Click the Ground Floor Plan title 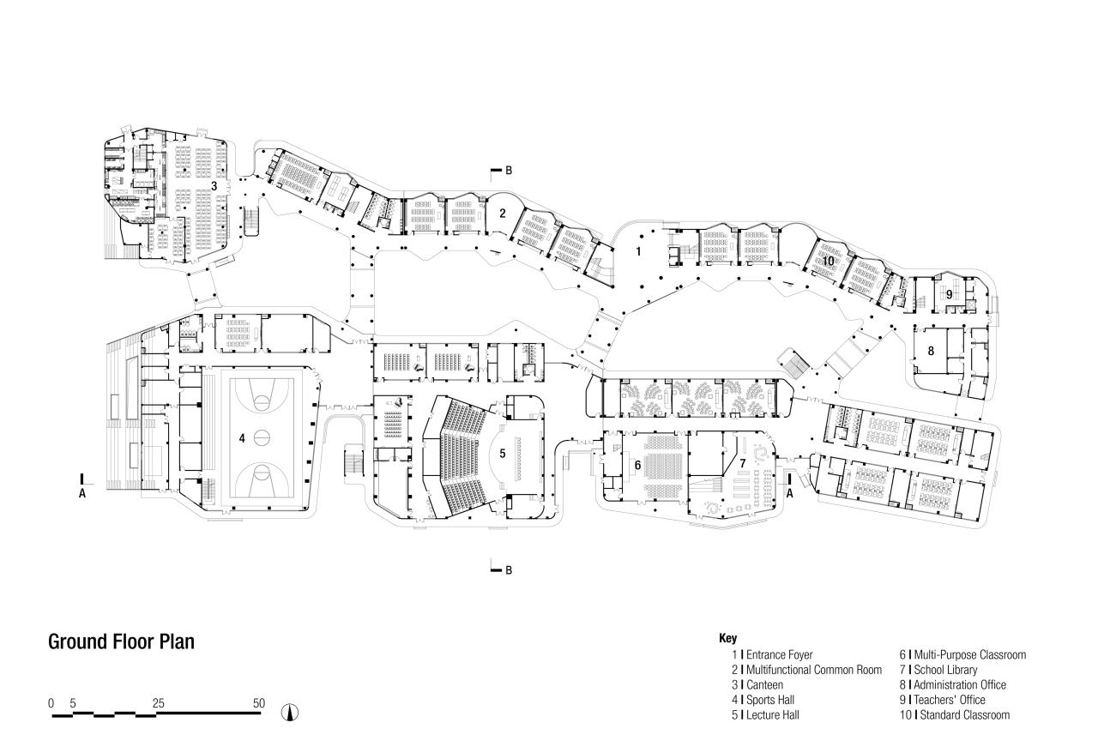[121, 642]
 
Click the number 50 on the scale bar [259, 703]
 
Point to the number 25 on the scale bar [158, 703]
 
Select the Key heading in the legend [727, 639]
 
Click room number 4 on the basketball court [242, 438]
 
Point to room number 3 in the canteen [214, 185]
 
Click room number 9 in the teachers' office [950, 294]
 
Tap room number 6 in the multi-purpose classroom [637, 464]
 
